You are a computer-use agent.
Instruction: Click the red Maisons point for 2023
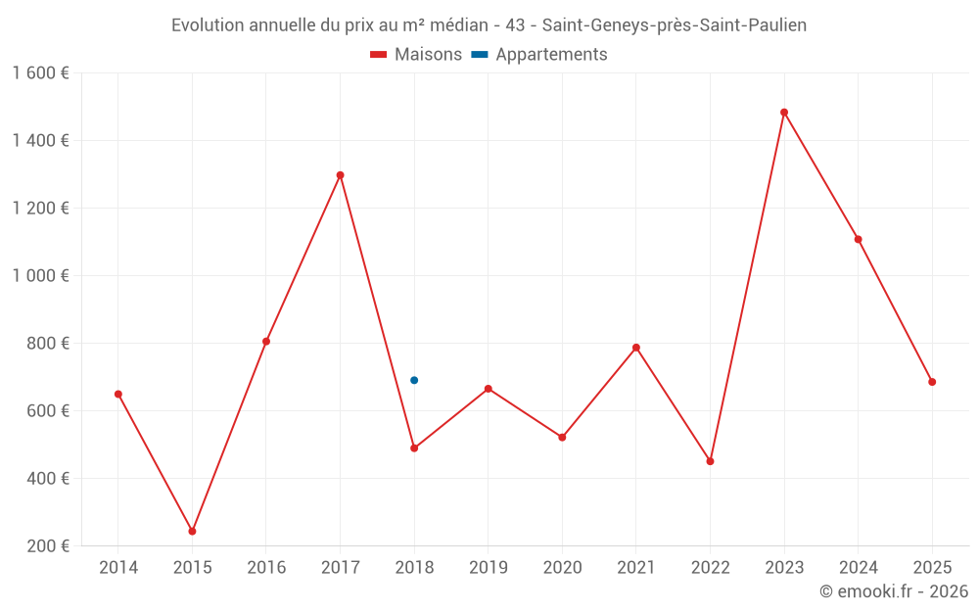pos(784,113)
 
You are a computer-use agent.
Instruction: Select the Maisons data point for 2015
pos(192,532)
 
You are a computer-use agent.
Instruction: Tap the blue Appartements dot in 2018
pos(414,380)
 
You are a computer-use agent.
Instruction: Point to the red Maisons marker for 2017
pos(341,175)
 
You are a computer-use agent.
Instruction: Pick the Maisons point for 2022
pos(710,461)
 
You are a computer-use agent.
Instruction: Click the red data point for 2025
pos(932,382)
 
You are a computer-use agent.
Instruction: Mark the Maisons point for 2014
pos(118,394)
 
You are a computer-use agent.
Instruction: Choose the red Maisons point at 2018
pos(414,448)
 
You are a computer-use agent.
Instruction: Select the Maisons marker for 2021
pos(636,348)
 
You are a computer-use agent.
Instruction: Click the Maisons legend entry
pos(416,54)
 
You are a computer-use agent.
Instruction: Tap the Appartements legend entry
pos(539,54)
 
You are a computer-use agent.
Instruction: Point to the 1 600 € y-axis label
pos(41,73)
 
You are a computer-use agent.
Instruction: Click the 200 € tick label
pos(48,545)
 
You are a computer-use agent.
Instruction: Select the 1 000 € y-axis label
pos(41,275)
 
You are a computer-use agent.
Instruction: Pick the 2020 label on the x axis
pos(563,567)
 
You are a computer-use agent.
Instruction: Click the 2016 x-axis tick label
pos(266,567)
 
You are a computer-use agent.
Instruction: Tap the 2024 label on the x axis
pos(859,567)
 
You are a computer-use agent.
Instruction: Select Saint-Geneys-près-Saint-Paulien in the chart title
pos(675,25)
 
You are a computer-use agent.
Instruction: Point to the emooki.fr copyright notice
pos(894,590)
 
